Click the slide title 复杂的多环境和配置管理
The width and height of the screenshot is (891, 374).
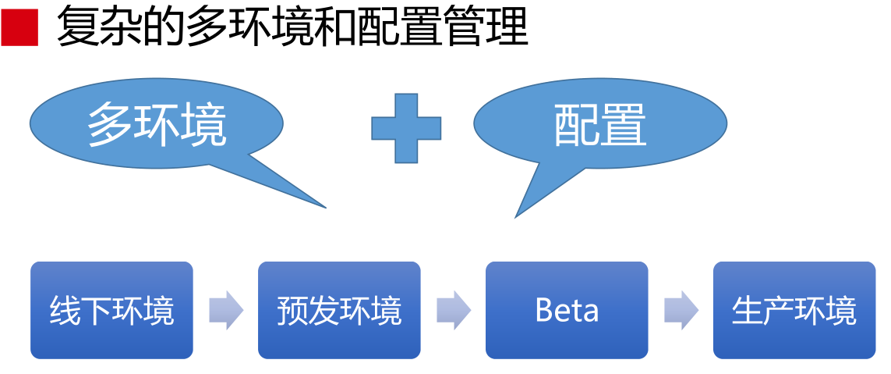pos(292,28)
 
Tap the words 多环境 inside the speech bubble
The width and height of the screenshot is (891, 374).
pos(157,125)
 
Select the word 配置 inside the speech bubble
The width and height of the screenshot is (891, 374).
pos(600,125)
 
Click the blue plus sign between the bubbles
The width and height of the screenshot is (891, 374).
pos(406,128)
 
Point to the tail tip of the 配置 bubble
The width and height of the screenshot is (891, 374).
pos(517,215)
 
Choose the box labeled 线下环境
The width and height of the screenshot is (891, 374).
pos(111,310)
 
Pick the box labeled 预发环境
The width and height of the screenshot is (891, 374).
pos(339,310)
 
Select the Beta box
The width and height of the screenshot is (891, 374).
pos(567,310)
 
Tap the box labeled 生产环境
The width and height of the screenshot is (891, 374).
pos(794,310)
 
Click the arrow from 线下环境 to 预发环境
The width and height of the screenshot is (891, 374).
pos(226,311)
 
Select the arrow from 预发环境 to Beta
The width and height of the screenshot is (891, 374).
pos(454,311)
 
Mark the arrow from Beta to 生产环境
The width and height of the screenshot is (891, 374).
pos(681,311)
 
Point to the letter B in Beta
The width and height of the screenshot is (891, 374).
pos(543,311)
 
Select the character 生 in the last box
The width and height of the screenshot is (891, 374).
pos(747,311)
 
